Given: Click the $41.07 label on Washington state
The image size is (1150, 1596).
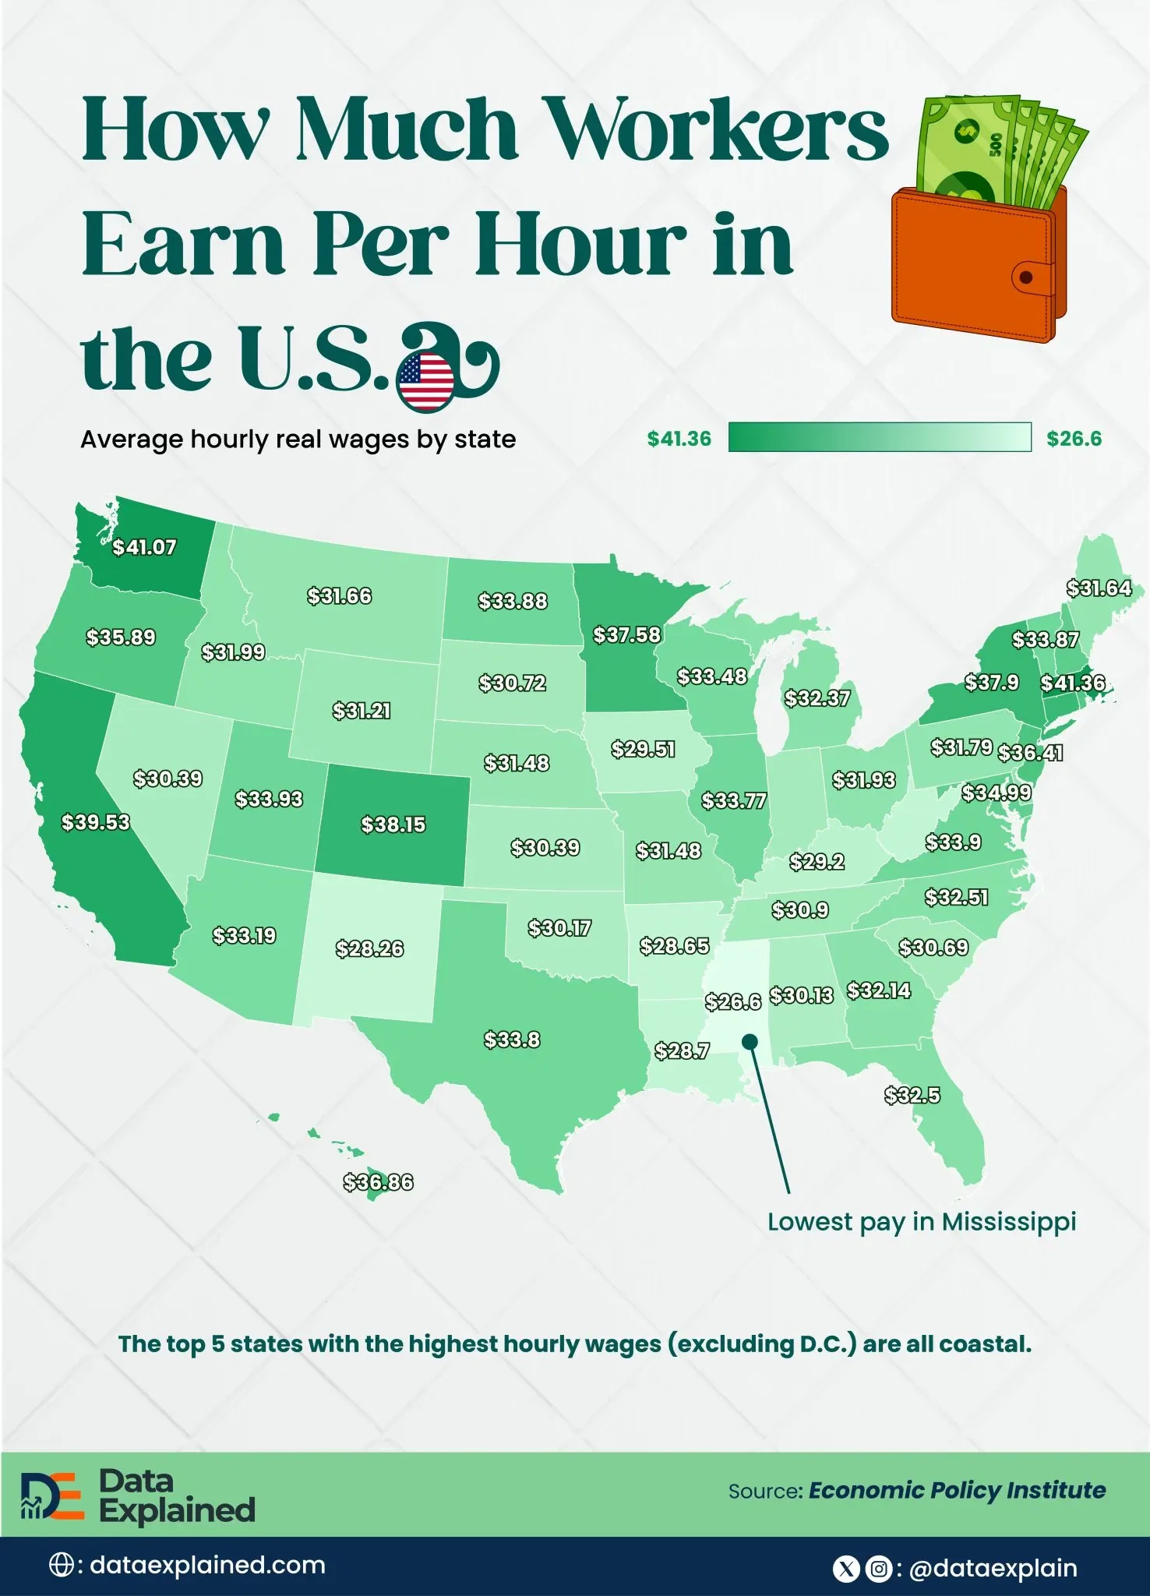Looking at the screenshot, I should (144, 547).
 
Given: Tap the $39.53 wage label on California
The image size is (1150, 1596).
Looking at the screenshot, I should (96, 822).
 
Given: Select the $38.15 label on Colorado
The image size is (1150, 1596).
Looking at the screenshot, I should (393, 824).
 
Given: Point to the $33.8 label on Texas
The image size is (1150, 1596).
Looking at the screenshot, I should (512, 1040).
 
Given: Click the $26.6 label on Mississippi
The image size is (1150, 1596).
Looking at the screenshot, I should (732, 1001).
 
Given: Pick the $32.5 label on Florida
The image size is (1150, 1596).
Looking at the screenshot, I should (912, 1095).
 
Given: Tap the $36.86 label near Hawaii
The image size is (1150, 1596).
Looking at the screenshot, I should (379, 1182).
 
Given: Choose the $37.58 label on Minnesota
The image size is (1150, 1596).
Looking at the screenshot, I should (626, 634).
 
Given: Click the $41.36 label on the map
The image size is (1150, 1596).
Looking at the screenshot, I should (1073, 683).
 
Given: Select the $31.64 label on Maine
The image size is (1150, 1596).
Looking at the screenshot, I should (1099, 588).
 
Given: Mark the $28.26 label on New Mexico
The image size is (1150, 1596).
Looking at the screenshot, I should (369, 948).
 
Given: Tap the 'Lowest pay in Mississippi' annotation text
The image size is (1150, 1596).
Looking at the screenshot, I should (921, 1221).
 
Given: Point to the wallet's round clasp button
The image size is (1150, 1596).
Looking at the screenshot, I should (1026, 277).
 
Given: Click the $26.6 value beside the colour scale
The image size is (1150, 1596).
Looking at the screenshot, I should (1074, 439).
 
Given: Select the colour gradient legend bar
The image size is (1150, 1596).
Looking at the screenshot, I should (880, 437).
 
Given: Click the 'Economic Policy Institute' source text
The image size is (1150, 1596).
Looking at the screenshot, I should (957, 1491).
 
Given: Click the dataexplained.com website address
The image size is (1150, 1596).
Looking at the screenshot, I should (207, 1565).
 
